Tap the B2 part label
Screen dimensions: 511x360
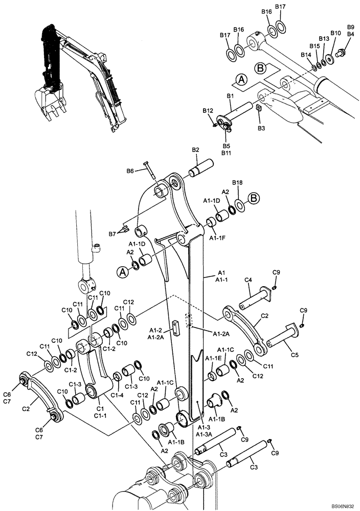(195, 149)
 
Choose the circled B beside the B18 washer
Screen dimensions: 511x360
(254, 198)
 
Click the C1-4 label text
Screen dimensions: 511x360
(118, 395)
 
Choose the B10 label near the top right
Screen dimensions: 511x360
(335, 33)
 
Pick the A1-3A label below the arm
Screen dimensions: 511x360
(204, 434)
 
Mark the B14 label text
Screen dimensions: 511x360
(306, 55)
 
